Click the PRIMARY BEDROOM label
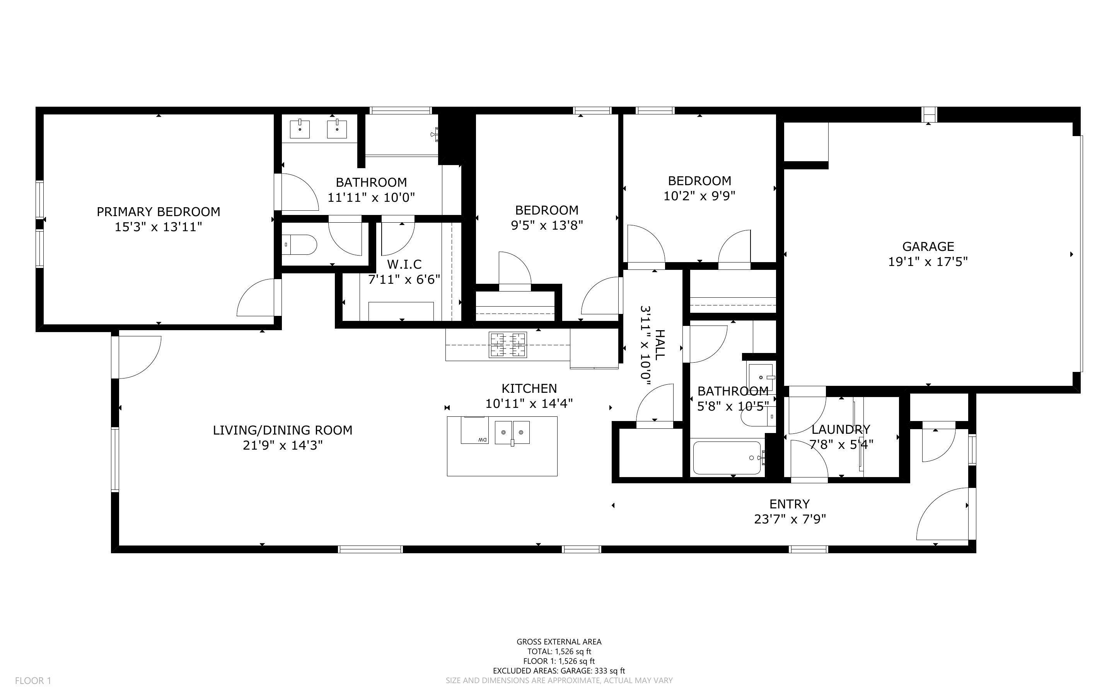tap(158, 212)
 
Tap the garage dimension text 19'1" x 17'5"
tap(928, 262)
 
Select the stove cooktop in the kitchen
tap(508, 345)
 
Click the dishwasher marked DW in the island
tap(474, 431)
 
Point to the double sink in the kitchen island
tap(512, 432)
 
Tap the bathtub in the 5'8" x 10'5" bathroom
tap(727, 458)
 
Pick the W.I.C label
tap(404, 264)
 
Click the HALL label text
tap(660, 345)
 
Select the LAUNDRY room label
tap(840, 430)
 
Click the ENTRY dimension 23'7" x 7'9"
tap(790, 519)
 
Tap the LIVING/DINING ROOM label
tap(282, 430)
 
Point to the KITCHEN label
tap(529, 388)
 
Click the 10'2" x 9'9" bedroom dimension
tap(699, 196)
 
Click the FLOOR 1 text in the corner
tap(33, 680)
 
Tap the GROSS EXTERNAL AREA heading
tap(558, 642)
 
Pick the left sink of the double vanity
tap(300, 129)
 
